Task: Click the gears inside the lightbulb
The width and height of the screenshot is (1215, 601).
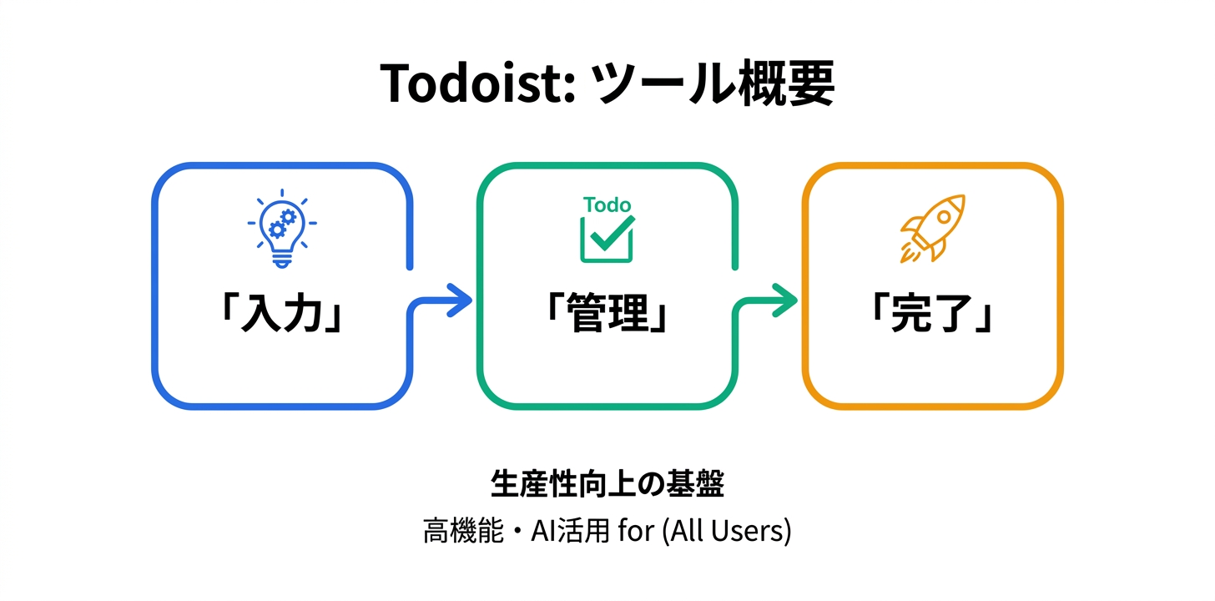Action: tap(283, 223)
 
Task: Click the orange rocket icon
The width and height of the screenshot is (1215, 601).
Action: tap(932, 228)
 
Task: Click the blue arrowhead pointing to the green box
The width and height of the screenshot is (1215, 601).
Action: tap(458, 300)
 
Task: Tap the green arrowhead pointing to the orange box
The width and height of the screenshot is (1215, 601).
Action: tap(783, 300)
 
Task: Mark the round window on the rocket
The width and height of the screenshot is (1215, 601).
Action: tap(944, 215)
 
